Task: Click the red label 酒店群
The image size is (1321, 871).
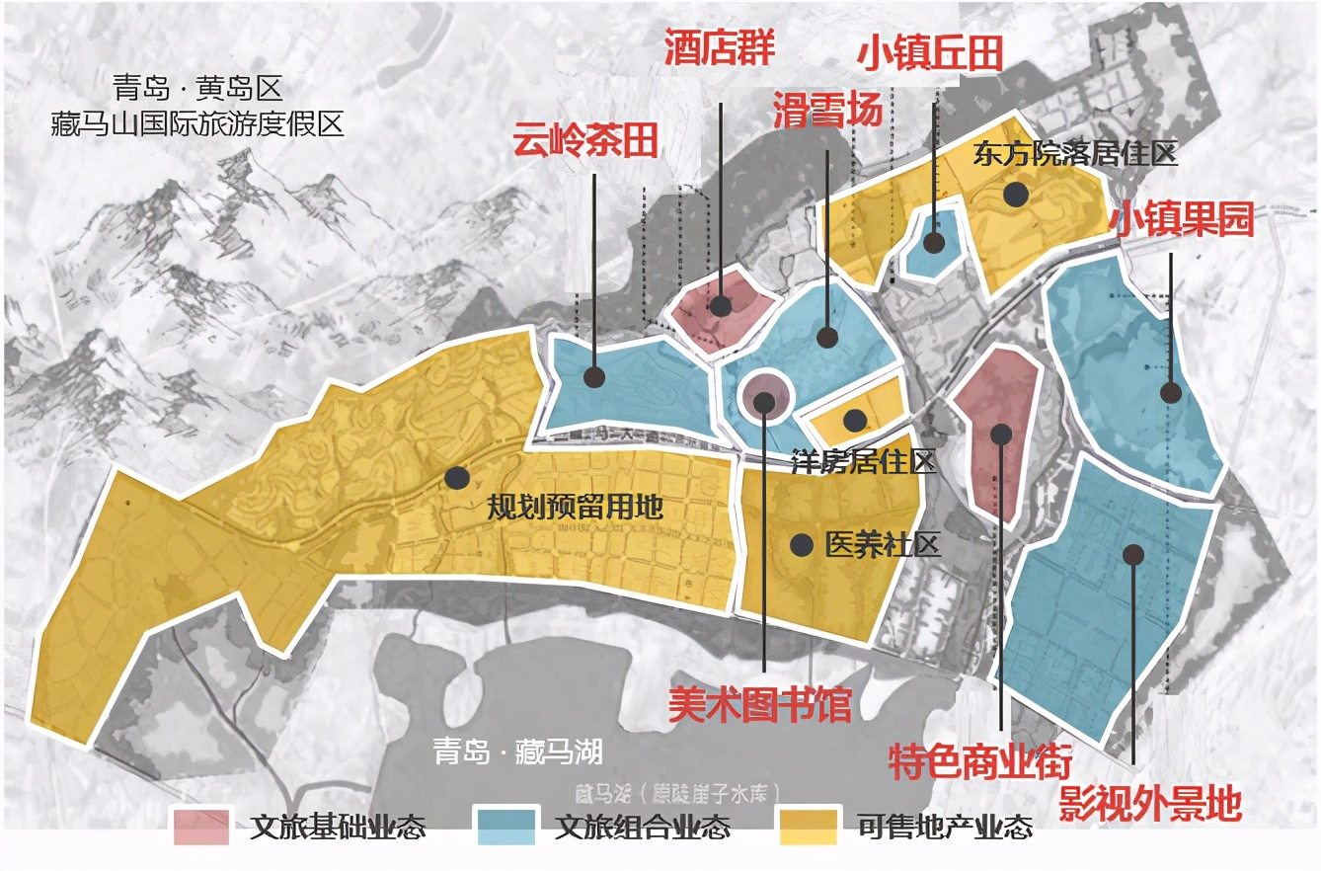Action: (x=719, y=47)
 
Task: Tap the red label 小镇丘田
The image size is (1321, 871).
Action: (x=929, y=53)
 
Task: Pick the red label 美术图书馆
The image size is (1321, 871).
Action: (x=759, y=704)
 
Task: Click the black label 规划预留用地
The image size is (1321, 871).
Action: (x=575, y=509)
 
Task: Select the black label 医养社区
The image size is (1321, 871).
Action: (x=883, y=545)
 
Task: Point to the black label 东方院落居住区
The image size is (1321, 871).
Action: (x=1075, y=155)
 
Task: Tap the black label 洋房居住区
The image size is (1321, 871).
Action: (x=864, y=462)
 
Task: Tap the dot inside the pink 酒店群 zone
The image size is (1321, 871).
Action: (x=721, y=305)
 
